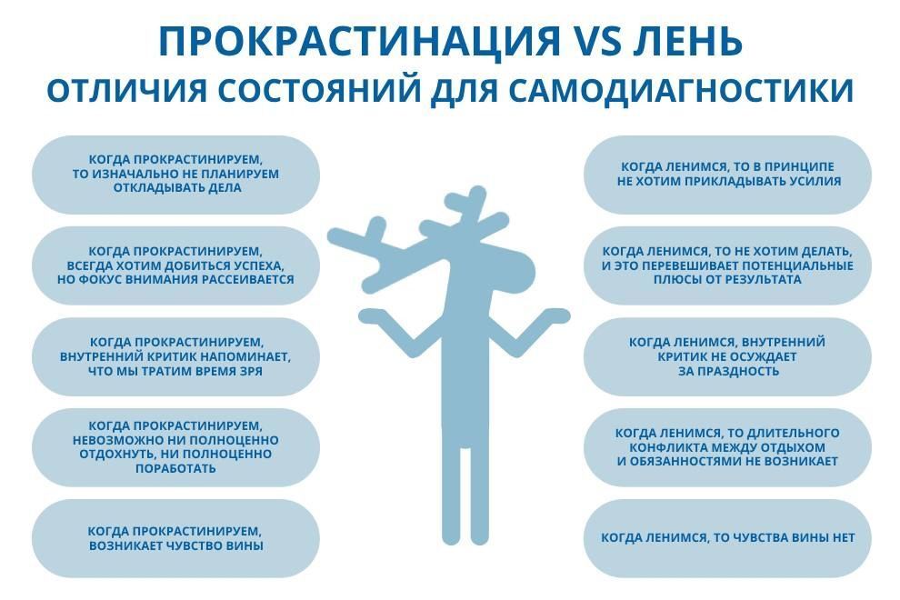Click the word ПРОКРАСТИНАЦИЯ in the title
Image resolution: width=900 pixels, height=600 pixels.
click(359, 41)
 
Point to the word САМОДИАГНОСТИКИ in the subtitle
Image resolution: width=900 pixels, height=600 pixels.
click(681, 91)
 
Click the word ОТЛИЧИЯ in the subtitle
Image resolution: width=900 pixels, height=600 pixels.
click(126, 91)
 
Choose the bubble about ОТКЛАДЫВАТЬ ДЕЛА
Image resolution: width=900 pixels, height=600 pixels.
click(175, 175)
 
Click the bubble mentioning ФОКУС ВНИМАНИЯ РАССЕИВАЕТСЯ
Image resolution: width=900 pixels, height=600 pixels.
click(175, 265)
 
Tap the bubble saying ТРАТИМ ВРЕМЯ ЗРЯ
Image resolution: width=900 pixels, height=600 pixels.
click(175, 356)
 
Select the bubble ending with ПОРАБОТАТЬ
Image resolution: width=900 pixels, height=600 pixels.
click(175, 447)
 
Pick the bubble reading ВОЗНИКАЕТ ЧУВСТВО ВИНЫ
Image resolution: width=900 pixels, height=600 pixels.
click(175, 538)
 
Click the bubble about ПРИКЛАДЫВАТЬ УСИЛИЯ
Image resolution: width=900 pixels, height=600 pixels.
click(728, 175)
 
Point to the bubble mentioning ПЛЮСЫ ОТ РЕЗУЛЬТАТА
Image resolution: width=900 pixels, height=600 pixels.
click(728, 265)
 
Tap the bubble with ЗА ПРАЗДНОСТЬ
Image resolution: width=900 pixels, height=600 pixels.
click(728, 356)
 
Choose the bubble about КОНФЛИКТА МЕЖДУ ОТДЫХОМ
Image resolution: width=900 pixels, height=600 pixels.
click(728, 447)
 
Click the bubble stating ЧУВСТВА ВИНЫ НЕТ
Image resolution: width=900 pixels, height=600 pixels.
click(728, 538)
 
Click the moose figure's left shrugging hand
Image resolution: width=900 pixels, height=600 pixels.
click(373, 315)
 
